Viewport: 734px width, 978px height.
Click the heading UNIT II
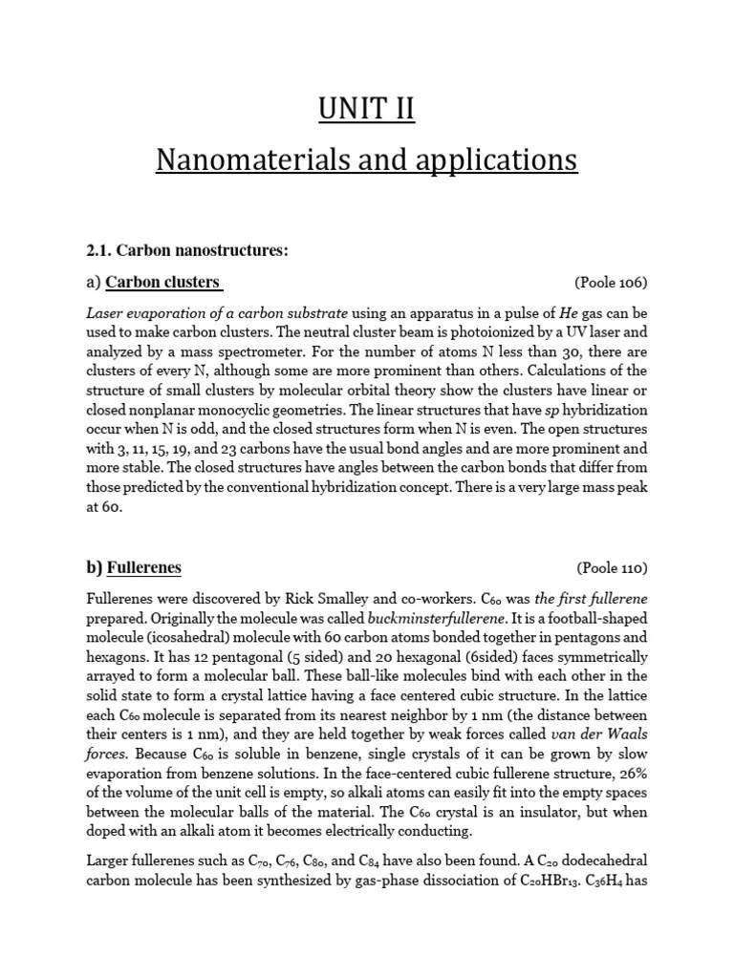[x=367, y=109]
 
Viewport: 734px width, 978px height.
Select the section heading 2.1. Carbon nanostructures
[x=187, y=250]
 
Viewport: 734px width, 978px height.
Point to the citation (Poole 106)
[x=611, y=283]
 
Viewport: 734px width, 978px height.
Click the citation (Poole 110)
[x=611, y=568]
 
